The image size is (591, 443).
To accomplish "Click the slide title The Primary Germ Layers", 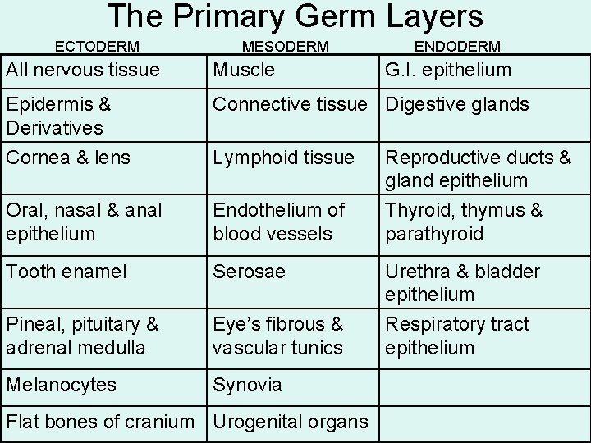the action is [295, 16].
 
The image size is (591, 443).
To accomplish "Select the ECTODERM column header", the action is [97, 47].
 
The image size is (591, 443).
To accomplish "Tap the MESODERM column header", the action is [286, 47].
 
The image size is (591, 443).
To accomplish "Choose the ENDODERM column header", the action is [458, 47].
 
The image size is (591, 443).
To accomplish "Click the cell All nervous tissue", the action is [83, 71].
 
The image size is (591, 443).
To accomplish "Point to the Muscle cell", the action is [244, 71].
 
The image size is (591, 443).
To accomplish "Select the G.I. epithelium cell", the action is [448, 71].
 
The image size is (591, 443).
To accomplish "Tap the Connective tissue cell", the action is [290, 105].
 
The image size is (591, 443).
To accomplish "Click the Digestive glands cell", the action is [457, 105].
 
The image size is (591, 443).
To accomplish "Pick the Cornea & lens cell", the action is [66, 158].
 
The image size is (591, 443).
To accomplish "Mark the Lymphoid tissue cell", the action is [283, 158].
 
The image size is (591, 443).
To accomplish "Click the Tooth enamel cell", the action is [66, 272].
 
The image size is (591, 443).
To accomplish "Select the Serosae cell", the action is [249, 272].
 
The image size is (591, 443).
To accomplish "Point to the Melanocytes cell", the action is [61, 385].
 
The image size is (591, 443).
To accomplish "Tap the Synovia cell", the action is [247, 385].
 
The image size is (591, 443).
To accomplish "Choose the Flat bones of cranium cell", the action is [100, 422].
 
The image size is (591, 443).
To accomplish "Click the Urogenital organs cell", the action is [290, 422].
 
